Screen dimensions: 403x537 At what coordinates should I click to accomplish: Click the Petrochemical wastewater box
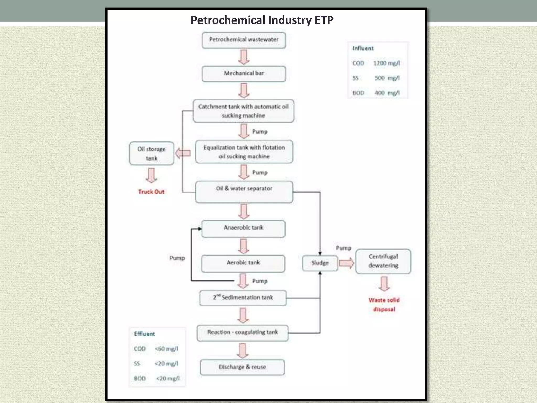point(244,40)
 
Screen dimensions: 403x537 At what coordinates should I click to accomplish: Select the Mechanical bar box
point(244,73)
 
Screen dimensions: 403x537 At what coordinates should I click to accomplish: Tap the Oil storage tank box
point(152,153)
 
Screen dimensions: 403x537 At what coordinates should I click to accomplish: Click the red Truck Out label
point(151,192)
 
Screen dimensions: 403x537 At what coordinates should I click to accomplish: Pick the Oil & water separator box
point(244,192)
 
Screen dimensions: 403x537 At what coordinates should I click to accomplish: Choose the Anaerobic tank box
point(243,228)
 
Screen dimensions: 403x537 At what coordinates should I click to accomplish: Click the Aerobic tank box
point(243,263)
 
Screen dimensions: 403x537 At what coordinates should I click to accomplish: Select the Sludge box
point(320,263)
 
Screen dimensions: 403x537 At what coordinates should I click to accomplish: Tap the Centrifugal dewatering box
point(383,261)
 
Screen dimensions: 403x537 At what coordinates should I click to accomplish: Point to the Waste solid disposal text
point(384,304)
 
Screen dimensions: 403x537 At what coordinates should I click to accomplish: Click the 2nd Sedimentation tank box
point(243,298)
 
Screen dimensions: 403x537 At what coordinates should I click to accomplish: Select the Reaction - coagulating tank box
point(243,332)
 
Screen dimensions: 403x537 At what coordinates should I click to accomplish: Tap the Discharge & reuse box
point(242,367)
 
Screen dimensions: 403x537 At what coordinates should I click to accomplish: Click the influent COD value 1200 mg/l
point(386,63)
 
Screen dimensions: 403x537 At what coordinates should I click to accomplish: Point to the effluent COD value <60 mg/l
point(166,349)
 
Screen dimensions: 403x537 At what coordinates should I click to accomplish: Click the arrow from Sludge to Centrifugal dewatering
point(346,263)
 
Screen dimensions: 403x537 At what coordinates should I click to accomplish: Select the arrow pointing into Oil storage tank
point(183,153)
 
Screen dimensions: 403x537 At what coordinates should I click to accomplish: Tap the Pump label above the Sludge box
point(343,248)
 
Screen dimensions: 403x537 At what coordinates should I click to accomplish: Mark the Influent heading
point(363,48)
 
